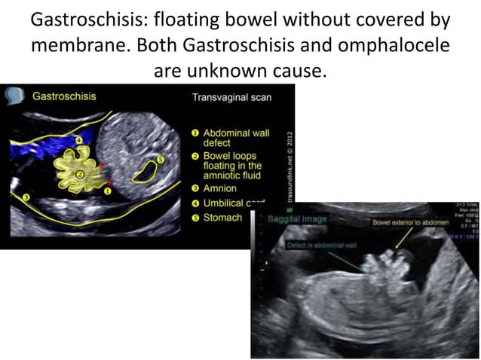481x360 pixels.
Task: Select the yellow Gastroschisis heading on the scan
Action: pyautogui.click(x=64, y=96)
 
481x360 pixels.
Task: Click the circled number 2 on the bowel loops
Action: pyautogui.click(x=80, y=175)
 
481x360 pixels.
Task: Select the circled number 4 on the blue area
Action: pyautogui.click(x=79, y=140)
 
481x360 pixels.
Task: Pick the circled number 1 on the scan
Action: pyautogui.click(x=106, y=192)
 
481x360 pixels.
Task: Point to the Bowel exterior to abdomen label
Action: pyautogui.click(x=406, y=224)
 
